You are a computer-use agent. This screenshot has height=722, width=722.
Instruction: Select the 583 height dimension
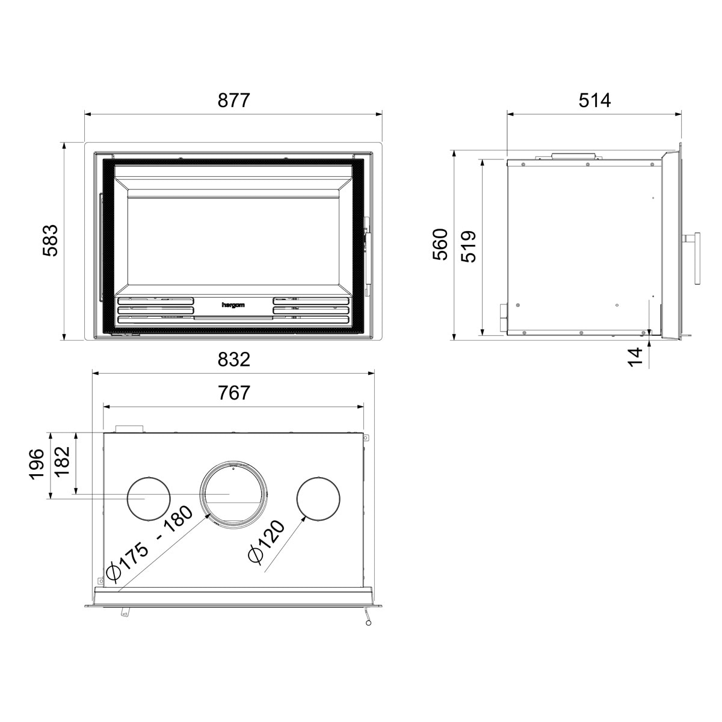pos(51,240)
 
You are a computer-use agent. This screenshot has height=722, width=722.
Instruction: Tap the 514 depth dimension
pos(594,100)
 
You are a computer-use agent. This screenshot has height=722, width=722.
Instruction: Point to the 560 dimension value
pos(441,244)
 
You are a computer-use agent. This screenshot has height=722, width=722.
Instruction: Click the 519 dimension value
pos(468,246)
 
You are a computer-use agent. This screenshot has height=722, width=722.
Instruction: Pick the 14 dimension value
pos(635,356)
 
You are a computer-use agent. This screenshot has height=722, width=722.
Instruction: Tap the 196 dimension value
pos(37,464)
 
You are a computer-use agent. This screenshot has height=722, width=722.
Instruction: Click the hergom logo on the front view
pos(233,305)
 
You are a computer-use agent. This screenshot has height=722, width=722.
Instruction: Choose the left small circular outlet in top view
pos(148,498)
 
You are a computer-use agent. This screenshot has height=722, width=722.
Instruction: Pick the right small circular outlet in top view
pos(318,498)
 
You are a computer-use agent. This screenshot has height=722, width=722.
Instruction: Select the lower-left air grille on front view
pos(156,309)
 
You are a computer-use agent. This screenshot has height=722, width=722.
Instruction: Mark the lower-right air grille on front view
pos(310,309)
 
